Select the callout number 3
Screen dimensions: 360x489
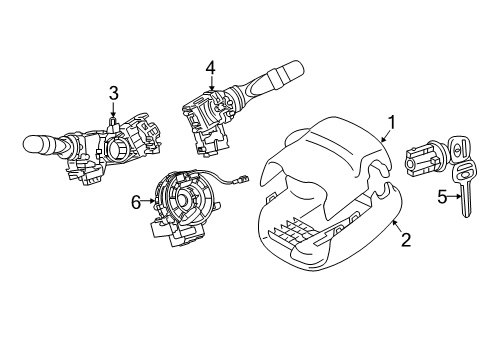114,93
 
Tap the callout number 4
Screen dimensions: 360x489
211,68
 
